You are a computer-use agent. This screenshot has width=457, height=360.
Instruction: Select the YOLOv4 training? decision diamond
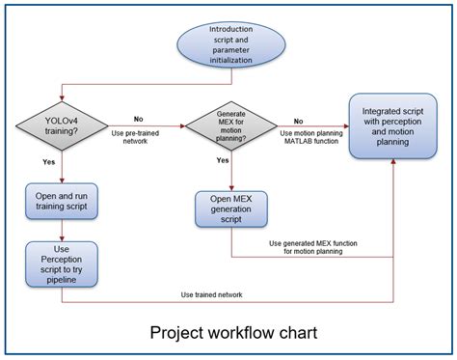tap(62, 125)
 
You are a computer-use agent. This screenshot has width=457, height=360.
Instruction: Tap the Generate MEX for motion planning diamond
tap(231, 125)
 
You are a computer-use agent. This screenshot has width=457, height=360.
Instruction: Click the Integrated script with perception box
tap(393, 125)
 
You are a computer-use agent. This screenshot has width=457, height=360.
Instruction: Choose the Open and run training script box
tap(62, 203)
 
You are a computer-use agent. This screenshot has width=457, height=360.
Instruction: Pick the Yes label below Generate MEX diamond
tap(223, 160)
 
